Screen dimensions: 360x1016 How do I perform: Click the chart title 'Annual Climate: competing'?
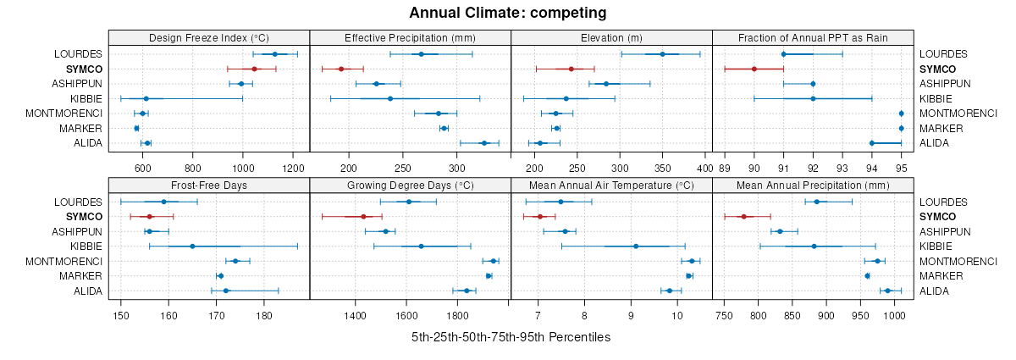pos(508,13)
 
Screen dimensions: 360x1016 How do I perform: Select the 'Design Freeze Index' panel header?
pos(209,37)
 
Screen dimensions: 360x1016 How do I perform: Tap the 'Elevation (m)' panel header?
pos(611,37)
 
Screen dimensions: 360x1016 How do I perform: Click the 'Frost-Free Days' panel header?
pos(209,186)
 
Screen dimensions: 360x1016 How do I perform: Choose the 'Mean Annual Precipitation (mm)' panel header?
pos(813,186)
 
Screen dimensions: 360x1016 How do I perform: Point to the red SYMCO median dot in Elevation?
pos(571,69)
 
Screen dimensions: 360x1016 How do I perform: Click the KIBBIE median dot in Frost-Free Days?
pos(192,246)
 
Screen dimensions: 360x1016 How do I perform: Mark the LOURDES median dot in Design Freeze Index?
pos(275,54)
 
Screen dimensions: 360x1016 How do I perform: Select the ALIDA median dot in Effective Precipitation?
pos(484,143)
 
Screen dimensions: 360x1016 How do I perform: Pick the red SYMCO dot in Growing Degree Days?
pos(364,217)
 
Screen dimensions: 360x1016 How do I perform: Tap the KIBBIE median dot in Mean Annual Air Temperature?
pos(636,246)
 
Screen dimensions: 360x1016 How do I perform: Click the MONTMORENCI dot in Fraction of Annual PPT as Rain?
pos(901,114)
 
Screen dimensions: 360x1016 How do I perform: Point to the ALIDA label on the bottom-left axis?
pos(88,291)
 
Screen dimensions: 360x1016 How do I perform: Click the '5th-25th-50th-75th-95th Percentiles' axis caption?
pos(511,337)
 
